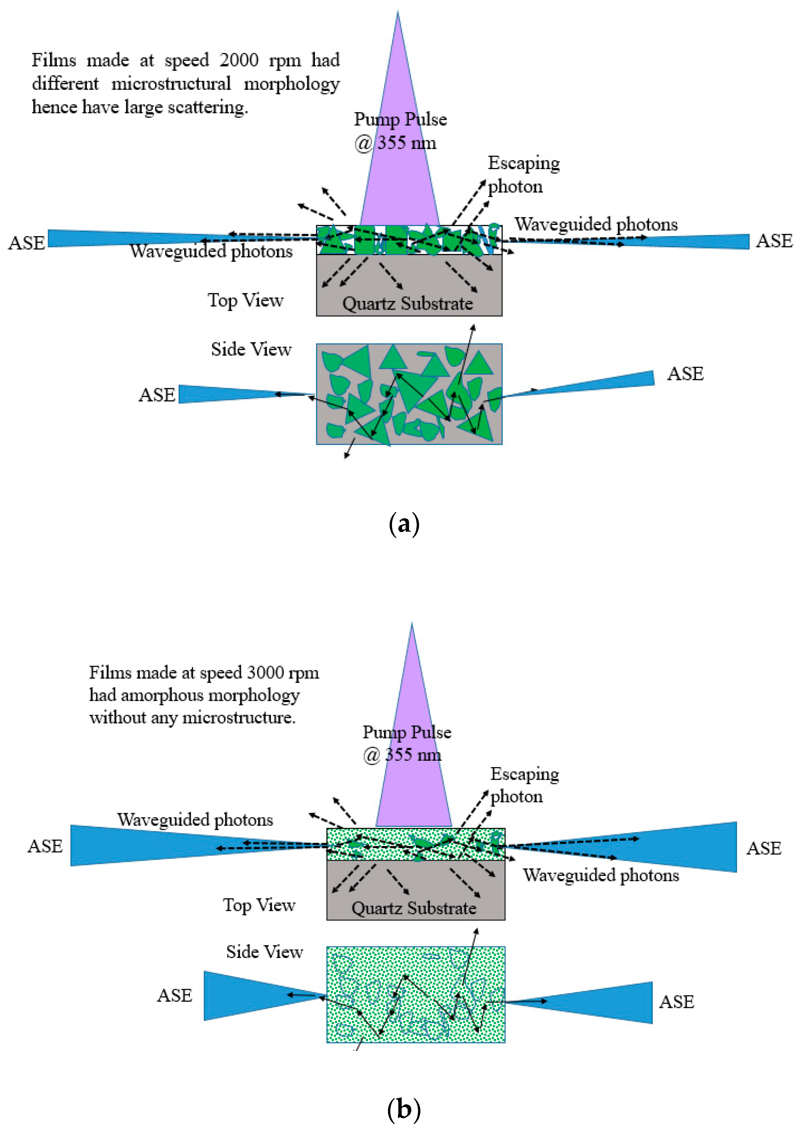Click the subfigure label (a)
click(404, 524)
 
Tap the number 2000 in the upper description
click(239, 60)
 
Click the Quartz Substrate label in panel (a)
click(407, 303)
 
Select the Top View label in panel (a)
click(245, 300)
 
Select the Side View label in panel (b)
click(264, 952)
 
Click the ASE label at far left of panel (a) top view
click(27, 243)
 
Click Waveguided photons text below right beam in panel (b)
click(601, 875)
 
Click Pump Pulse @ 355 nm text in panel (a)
click(400, 131)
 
